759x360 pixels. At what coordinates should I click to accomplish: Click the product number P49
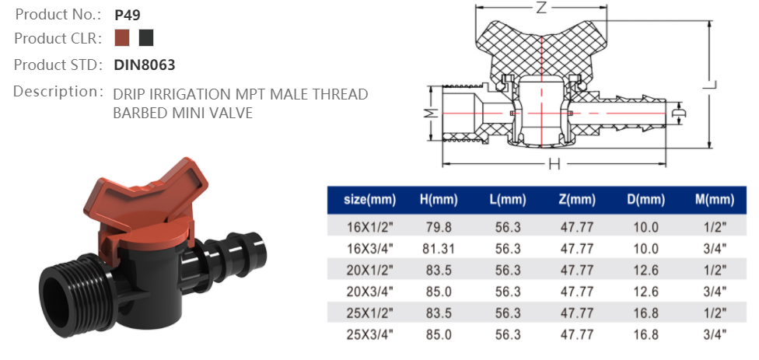click(127, 14)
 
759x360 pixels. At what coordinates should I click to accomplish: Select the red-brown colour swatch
click(121, 38)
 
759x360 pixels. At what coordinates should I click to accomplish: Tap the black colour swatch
click(145, 38)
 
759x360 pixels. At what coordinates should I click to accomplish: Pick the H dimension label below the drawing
click(554, 164)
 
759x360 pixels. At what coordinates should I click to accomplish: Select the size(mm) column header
click(370, 201)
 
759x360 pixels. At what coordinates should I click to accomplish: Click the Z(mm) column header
click(577, 201)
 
